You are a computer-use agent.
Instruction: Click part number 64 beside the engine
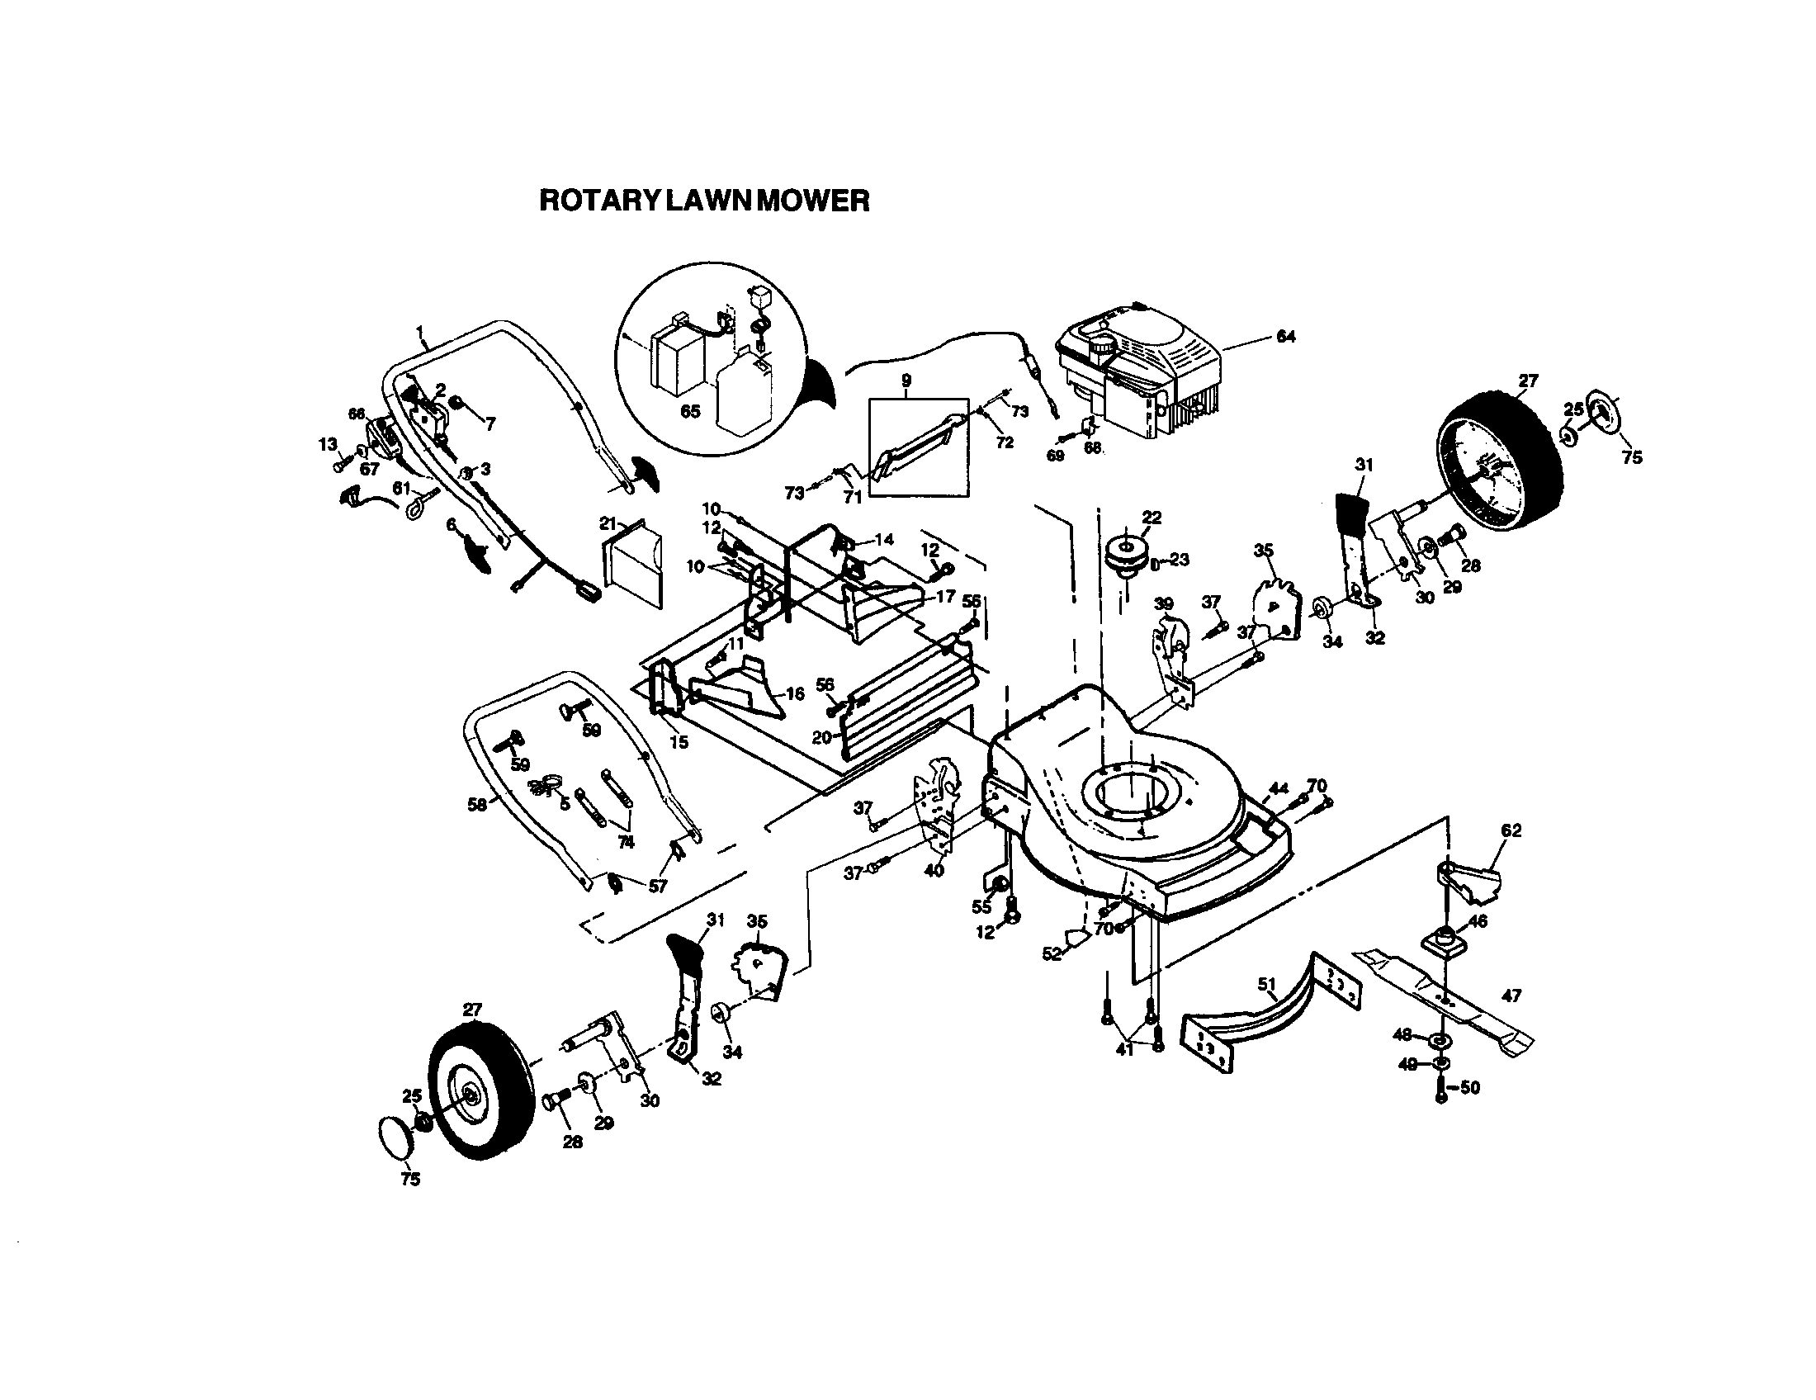click(1284, 337)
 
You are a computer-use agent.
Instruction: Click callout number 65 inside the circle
click(690, 412)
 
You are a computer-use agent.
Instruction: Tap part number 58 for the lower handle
click(476, 805)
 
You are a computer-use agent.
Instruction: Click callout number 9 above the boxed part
click(906, 381)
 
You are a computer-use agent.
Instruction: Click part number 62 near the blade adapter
click(1511, 830)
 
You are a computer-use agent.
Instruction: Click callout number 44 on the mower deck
click(1278, 788)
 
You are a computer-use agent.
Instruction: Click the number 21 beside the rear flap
click(608, 523)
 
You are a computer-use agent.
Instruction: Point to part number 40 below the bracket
click(934, 871)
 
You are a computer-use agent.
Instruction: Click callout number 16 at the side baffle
click(794, 693)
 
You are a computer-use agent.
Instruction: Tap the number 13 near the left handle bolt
click(328, 444)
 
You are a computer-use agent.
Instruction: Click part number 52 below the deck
click(1052, 954)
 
